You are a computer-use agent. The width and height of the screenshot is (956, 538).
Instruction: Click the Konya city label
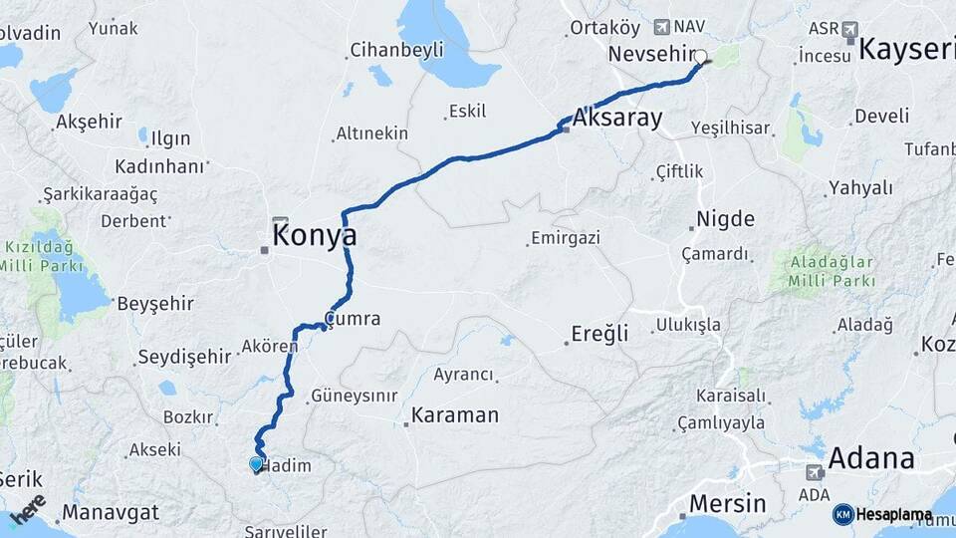tap(315, 236)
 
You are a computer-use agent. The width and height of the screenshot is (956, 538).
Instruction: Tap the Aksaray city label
tap(617, 119)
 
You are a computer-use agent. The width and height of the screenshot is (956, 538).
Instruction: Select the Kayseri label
tap(906, 49)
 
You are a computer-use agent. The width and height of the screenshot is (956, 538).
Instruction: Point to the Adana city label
tap(870, 459)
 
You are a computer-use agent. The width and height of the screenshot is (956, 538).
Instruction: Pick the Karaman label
tap(455, 415)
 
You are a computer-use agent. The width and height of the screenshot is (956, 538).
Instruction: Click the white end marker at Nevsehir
tap(700, 58)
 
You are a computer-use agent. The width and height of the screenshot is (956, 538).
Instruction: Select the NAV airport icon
tap(663, 26)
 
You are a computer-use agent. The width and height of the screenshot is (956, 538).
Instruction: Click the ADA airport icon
tap(815, 471)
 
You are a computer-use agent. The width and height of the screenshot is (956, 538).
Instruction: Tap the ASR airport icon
tap(848, 29)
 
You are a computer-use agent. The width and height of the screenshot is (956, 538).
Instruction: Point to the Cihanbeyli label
tap(396, 50)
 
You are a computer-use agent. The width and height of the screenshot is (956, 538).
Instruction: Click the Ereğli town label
tap(600, 334)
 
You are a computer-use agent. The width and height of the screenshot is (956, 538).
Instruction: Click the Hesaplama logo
tap(882, 515)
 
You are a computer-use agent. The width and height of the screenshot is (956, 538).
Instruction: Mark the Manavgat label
tap(110, 514)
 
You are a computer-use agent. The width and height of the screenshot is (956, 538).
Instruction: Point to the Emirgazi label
tap(566, 238)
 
